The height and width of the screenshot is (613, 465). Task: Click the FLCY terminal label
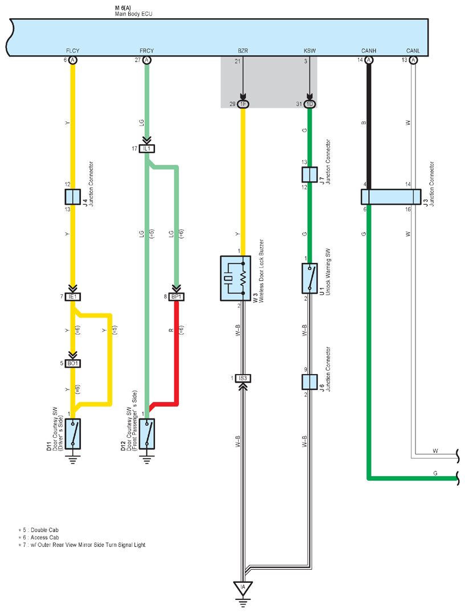73,51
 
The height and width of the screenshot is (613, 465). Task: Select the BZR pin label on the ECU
243,51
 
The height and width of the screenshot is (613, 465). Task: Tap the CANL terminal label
413,51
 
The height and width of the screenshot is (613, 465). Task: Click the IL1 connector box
146,149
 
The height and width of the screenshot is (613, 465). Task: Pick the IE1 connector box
73,297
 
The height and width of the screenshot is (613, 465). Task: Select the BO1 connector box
73,363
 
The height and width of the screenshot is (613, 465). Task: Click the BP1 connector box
176,297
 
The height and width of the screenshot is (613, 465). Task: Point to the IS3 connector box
243,378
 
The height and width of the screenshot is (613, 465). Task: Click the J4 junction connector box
73,197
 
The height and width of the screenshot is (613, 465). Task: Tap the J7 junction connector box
309,174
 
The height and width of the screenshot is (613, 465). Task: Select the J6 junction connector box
309,382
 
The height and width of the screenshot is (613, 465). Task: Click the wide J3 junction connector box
391,197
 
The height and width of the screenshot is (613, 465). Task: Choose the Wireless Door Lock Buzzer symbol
235,278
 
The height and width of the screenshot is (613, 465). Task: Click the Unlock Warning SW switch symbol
309,278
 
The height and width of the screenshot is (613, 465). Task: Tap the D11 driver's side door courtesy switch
73,434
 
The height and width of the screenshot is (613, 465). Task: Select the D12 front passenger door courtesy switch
146,434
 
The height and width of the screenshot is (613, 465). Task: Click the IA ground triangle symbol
243,588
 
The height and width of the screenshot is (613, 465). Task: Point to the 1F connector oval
243,104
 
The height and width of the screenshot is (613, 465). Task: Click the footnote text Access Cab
44,538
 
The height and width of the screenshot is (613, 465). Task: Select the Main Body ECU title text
134,14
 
